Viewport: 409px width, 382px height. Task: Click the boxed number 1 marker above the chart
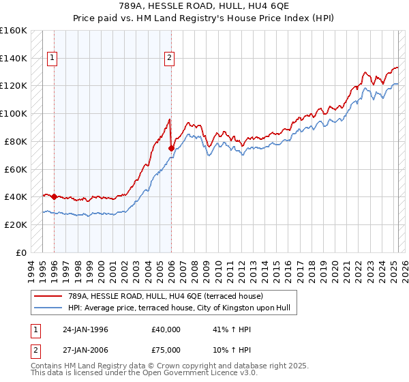[x=52, y=58]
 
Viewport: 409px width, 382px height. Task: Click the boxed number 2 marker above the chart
[x=168, y=58]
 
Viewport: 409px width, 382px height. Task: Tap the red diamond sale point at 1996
[x=54, y=196]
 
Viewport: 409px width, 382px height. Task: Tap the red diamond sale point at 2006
[x=171, y=147]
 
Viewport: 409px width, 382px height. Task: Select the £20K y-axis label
[x=14, y=224]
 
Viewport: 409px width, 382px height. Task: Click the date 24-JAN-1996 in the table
[x=85, y=329]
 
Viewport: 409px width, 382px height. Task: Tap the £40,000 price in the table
[x=166, y=329]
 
